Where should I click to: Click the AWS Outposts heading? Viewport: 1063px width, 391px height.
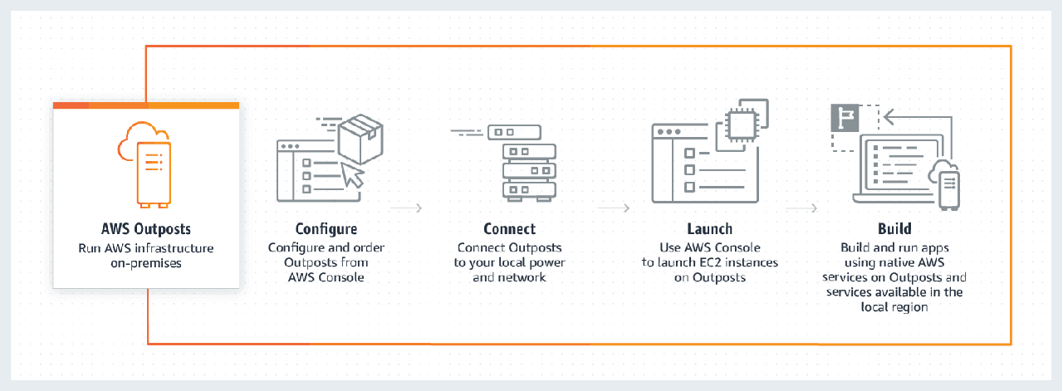click(145, 230)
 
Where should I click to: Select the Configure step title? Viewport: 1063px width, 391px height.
click(326, 229)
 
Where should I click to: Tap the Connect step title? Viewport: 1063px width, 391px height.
click(509, 229)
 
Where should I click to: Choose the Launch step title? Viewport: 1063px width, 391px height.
click(708, 229)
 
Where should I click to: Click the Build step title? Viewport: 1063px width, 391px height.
click(894, 229)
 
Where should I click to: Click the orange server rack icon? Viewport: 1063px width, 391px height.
click(154, 174)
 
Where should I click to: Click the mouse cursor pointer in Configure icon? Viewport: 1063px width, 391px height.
click(355, 174)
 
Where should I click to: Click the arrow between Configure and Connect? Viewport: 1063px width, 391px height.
click(407, 208)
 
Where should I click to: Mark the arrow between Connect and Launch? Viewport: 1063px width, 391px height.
click(613, 208)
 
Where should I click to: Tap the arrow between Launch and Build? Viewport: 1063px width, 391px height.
click(802, 208)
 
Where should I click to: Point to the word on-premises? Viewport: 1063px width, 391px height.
click(146, 263)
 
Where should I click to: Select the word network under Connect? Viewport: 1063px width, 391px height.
click(521, 277)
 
